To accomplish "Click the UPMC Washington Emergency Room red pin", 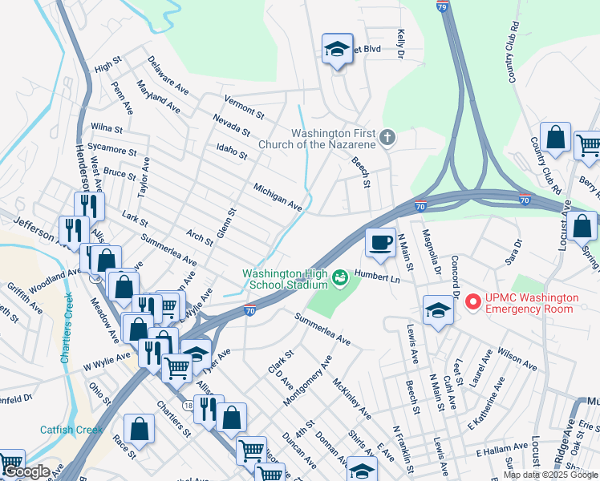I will [x=472, y=302].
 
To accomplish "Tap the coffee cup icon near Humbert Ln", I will [x=380, y=241].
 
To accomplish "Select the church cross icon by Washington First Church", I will [x=387, y=138].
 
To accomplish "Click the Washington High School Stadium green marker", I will [x=339, y=278].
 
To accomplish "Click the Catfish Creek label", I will [x=71, y=430].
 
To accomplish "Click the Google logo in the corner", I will [x=26, y=471].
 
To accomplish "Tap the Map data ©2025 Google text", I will [x=550, y=475].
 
